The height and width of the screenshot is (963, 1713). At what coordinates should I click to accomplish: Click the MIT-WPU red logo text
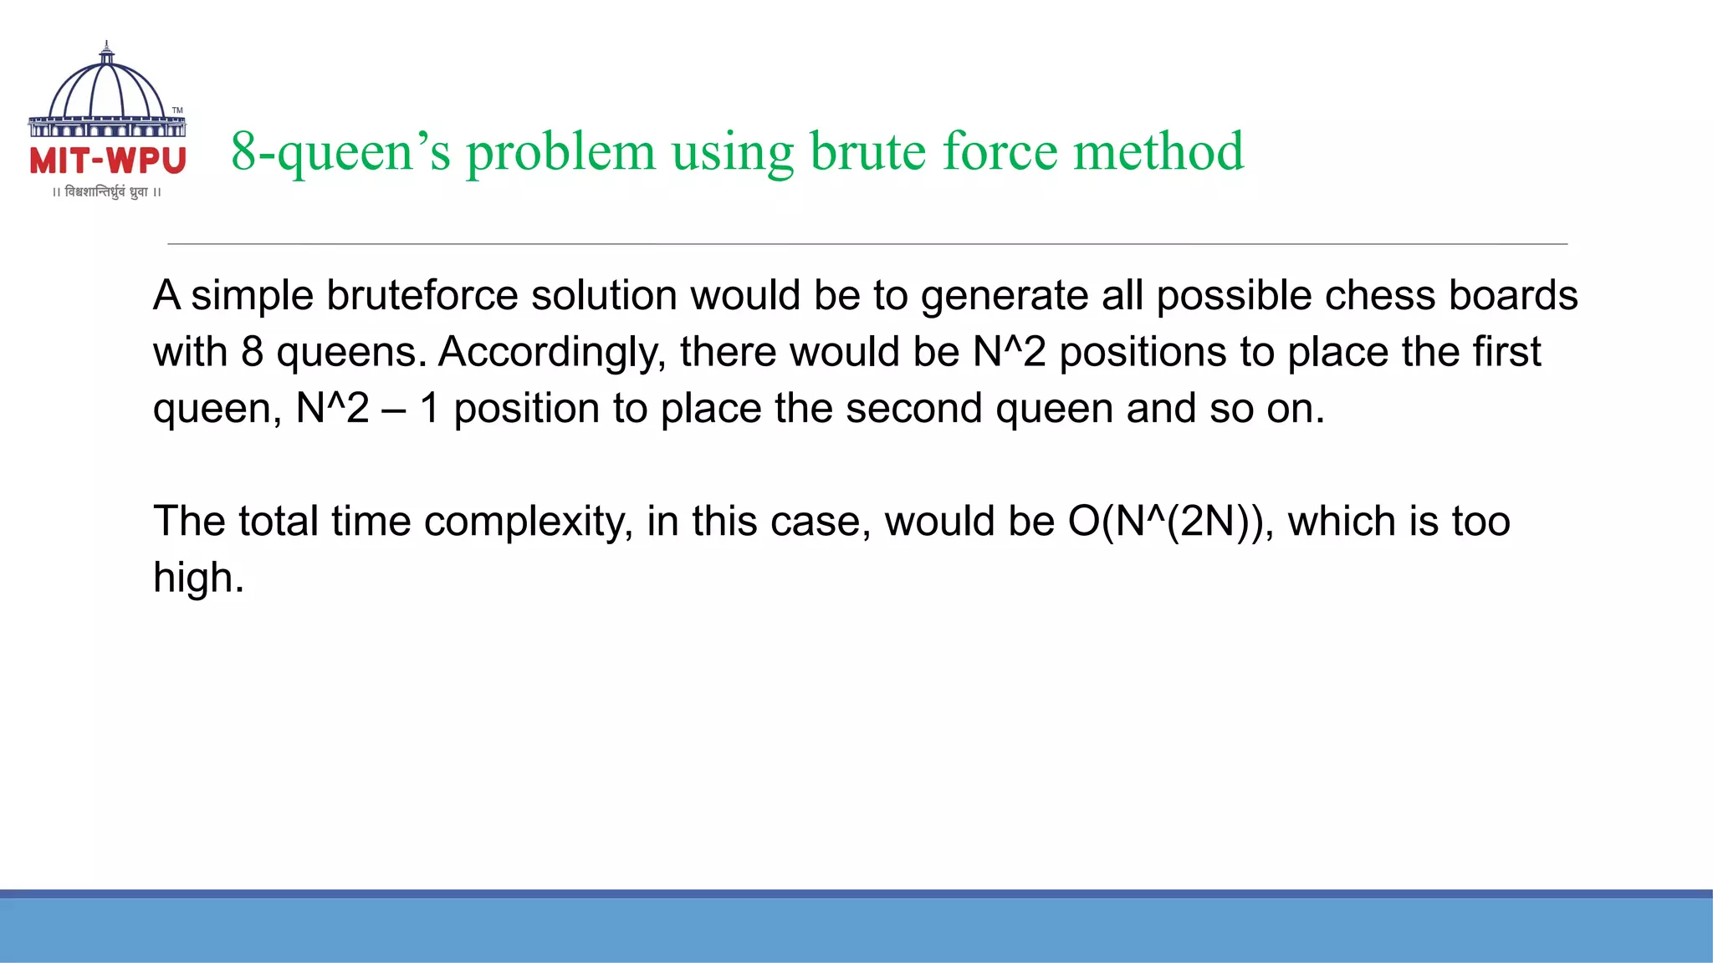(x=107, y=160)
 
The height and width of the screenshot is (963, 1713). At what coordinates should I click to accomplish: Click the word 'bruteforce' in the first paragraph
(x=422, y=295)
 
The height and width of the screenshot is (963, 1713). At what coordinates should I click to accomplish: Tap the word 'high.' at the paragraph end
(x=198, y=578)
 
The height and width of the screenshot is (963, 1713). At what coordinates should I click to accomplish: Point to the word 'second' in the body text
(x=913, y=409)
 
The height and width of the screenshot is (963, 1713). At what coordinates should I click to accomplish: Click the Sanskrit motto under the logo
(x=106, y=192)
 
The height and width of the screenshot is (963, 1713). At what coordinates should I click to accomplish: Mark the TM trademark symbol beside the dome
(x=177, y=110)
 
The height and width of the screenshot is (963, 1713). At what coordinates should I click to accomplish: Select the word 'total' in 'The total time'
(x=278, y=522)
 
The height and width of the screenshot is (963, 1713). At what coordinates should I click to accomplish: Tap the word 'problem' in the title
(x=560, y=153)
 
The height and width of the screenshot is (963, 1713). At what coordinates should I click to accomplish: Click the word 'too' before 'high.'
(x=1480, y=522)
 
